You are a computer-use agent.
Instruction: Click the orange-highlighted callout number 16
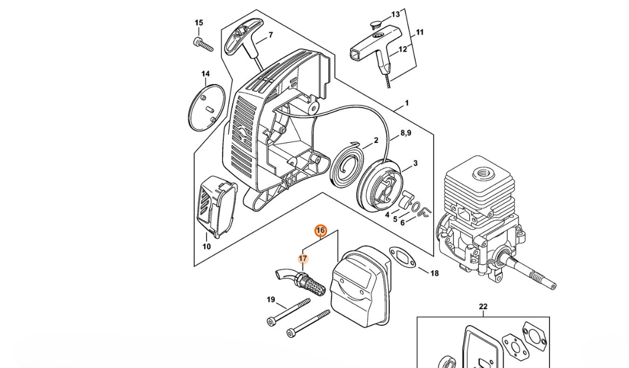pyautogui.click(x=320, y=231)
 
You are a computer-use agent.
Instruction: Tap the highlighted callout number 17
pyautogui.click(x=303, y=259)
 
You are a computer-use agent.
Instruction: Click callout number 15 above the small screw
pyautogui.click(x=199, y=23)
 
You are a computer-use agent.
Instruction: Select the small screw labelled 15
pyautogui.click(x=203, y=44)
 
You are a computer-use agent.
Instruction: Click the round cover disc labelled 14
pyautogui.click(x=206, y=107)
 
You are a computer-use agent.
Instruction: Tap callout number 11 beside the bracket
pyautogui.click(x=419, y=32)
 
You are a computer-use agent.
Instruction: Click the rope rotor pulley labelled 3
pyautogui.click(x=380, y=185)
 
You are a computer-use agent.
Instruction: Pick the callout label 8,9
pyautogui.click(x=405, y=133)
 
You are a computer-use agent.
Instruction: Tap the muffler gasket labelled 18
pyautogui.click(x=405, y=259)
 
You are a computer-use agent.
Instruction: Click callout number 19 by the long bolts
pyautogui.click(x=271, y=299)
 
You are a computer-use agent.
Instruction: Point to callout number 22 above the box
pyautogui.click(x=483, y=306)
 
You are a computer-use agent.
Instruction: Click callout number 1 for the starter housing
pyautogui.click(x=407, y=103)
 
